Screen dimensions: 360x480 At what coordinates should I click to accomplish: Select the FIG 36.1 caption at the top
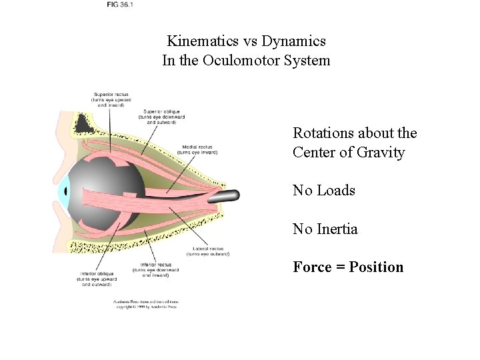(120, 5)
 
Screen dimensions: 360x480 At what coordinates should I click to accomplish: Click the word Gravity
(381, 153)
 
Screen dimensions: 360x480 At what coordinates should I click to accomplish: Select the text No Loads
(324, 191)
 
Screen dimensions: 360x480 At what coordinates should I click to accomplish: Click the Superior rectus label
(111, 95)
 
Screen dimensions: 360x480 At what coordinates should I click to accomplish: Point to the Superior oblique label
(162, 111)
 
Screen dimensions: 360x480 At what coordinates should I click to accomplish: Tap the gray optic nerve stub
(227, 195)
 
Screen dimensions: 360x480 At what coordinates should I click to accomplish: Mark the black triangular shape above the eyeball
(84, 122)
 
